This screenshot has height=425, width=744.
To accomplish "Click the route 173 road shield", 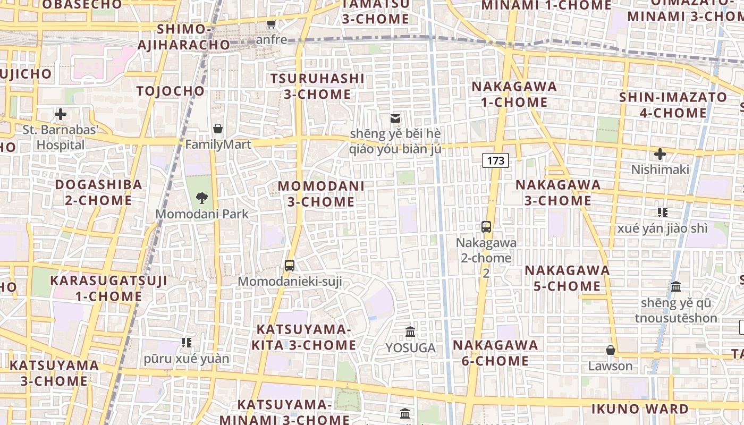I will (495, 160).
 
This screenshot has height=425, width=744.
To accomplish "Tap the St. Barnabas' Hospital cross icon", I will (61, 114).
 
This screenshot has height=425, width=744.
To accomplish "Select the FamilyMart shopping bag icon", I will (218, 129).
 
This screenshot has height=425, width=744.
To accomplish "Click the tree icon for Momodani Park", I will (201, 198).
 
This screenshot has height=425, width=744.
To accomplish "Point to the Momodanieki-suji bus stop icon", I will (290, 266).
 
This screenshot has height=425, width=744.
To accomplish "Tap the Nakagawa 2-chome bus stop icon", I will (486, 227).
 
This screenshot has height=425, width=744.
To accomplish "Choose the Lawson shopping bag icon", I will (611, 350).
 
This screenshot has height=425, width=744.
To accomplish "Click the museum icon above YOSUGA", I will (410, 332).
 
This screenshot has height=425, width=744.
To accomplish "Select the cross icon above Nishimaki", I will (660, 155).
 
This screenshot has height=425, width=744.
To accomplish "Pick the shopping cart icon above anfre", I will (272, 24).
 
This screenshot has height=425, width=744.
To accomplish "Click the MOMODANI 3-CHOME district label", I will (321, 194).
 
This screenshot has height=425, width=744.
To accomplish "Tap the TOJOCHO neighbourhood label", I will (170, 91).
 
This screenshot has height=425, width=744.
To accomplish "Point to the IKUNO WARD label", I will (640, 409).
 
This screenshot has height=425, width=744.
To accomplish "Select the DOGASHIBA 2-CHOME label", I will (99, 192).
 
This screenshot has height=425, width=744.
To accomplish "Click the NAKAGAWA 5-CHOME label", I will (567, 278).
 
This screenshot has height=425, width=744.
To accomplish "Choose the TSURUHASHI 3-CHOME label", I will (317, 87).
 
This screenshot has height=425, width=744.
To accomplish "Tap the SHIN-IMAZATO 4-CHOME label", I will (673, 105).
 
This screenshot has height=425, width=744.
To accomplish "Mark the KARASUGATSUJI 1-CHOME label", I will (108, 288).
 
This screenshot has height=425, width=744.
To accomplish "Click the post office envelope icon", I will (395, 118).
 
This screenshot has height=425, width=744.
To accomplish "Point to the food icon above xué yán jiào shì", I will (662, 212).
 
